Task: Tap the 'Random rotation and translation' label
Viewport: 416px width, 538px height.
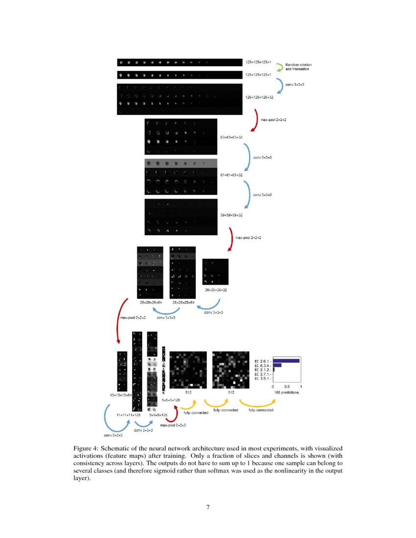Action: [x=298, y=67]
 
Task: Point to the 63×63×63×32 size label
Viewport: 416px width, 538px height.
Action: [x=231, y=137]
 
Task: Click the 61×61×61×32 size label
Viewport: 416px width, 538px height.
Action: [x=231, y=175]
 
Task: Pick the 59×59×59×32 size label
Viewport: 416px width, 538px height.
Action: [x=231, y=215]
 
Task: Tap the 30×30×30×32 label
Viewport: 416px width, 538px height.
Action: [x=215, y=290]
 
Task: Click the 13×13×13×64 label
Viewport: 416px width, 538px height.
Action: [x=121, y=394]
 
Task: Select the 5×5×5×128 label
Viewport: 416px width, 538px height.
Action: [x=171, y=400]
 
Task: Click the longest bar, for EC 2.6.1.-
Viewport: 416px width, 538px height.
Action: [x=286, y=361]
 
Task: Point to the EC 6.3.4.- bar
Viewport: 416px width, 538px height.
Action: [x=277, y=365]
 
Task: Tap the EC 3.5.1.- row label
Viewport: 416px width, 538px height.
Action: [x=262, y=379]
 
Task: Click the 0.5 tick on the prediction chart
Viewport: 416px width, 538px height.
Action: [x=287, y=386]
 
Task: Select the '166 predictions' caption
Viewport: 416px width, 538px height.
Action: [x=287, y=392]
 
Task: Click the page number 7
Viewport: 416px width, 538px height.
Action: [x=208, y=507]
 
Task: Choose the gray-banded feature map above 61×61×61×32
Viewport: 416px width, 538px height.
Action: [x=181, y=163]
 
